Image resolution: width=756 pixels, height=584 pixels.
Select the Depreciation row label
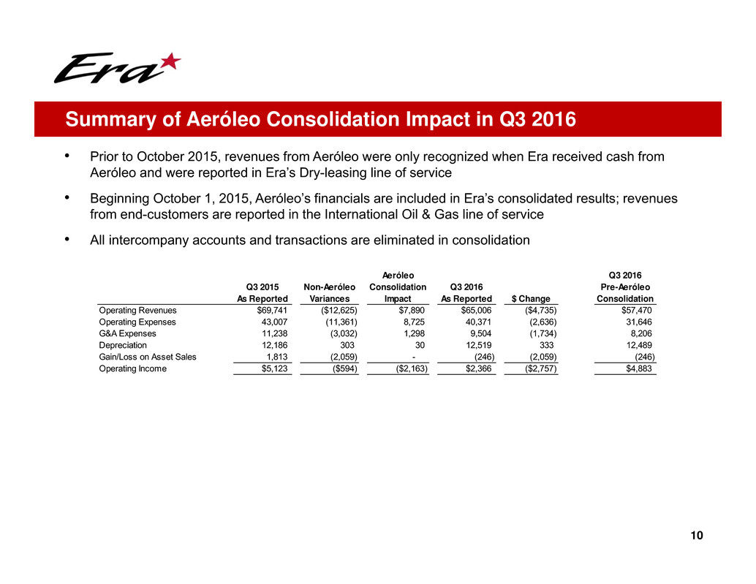(x=123, y=345)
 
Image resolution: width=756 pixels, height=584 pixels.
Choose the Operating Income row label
(x=132, y=368)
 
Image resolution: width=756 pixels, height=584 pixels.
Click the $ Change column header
(x=534, y=298)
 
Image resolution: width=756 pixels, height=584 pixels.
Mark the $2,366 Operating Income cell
(x=477, y=368)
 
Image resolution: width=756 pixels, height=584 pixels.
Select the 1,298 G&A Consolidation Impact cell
(x=415, y=333)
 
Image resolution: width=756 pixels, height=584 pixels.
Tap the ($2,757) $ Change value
(x=538, y=368)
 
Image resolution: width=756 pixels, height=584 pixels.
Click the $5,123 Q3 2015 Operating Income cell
(x=269, y=368)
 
